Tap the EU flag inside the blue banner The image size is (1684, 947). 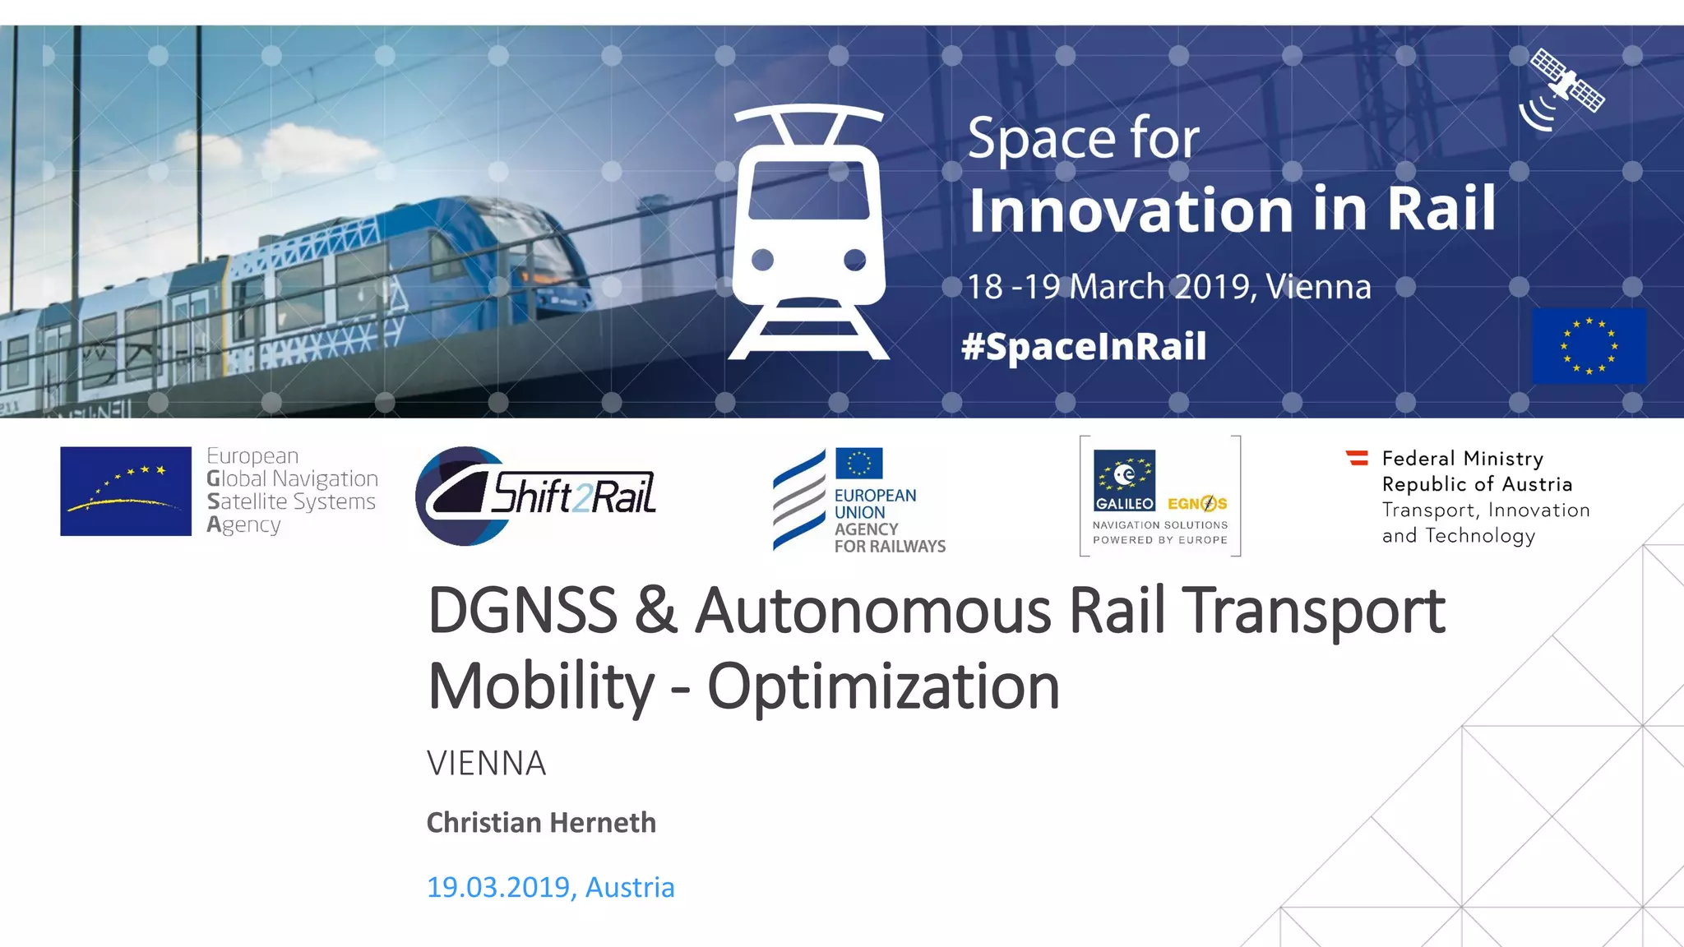1589,346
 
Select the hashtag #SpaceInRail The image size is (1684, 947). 1084,346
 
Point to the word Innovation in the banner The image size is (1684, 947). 1131,210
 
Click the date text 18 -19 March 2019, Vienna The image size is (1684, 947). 1168,287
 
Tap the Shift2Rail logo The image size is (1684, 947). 536,495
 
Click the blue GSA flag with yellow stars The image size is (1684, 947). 126,491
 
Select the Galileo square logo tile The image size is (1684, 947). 1124,481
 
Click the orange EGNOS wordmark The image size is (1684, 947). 1197,503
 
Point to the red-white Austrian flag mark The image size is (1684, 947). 1357,458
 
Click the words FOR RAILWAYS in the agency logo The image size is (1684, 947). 890,547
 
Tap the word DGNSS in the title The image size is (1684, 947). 523,612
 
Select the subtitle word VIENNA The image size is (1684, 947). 486,764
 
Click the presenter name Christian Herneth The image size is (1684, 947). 541,823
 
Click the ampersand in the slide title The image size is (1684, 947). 655,612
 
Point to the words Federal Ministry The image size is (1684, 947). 1462,458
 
